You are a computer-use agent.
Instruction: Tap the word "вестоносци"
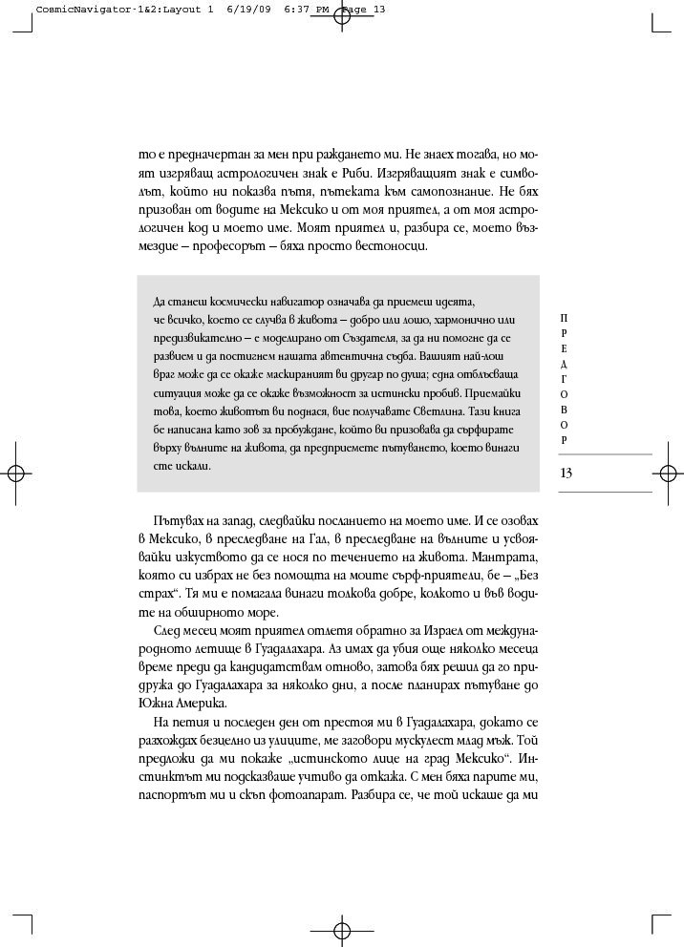click(x=391, y=246)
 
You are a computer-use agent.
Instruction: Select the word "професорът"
click(x=227, y=246)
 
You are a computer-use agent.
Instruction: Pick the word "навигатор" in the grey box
click(x=281, y=302)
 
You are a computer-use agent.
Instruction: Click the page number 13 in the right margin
click(x=566, y=473)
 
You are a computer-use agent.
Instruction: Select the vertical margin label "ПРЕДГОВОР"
click(x=565, y=378)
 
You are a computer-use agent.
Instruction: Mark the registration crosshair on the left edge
click(x=15, y=473)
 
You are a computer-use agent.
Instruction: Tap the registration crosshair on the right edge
click(x=668, y=473)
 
